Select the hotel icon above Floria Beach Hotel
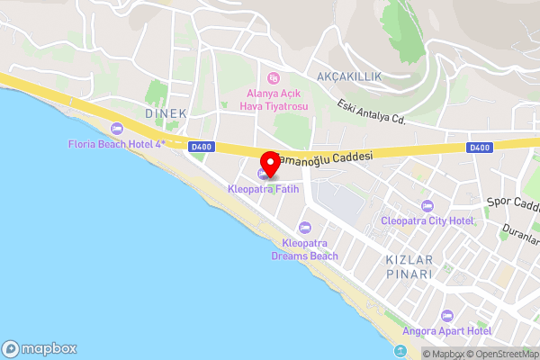tap(116, 130)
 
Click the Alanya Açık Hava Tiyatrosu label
tap(274, 100)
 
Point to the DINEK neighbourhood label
tap(166, 113)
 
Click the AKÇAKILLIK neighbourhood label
tap(349, 76)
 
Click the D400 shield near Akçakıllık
tap(480, 147)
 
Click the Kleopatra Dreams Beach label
tap(304, 249)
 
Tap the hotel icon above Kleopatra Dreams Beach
tap(304, 228)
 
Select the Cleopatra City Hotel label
tap(427, 220)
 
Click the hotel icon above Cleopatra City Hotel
tap(427, 205)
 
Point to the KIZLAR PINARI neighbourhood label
tap(409, 266)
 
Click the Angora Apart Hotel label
tap(447, 331)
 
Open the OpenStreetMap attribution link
tap(500, 354)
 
